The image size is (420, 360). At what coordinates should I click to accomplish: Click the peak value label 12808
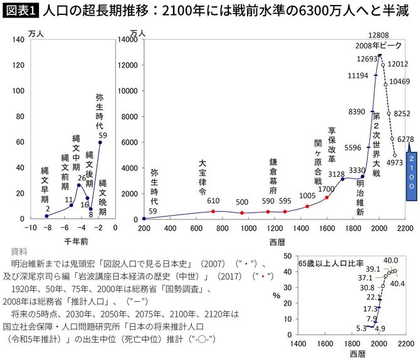pos(379,35)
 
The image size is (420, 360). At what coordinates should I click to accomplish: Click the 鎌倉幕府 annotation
pos(273,177)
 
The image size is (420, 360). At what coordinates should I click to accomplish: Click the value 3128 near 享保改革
pos(336,174)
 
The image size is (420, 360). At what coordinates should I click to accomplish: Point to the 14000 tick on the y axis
pos(127,40)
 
